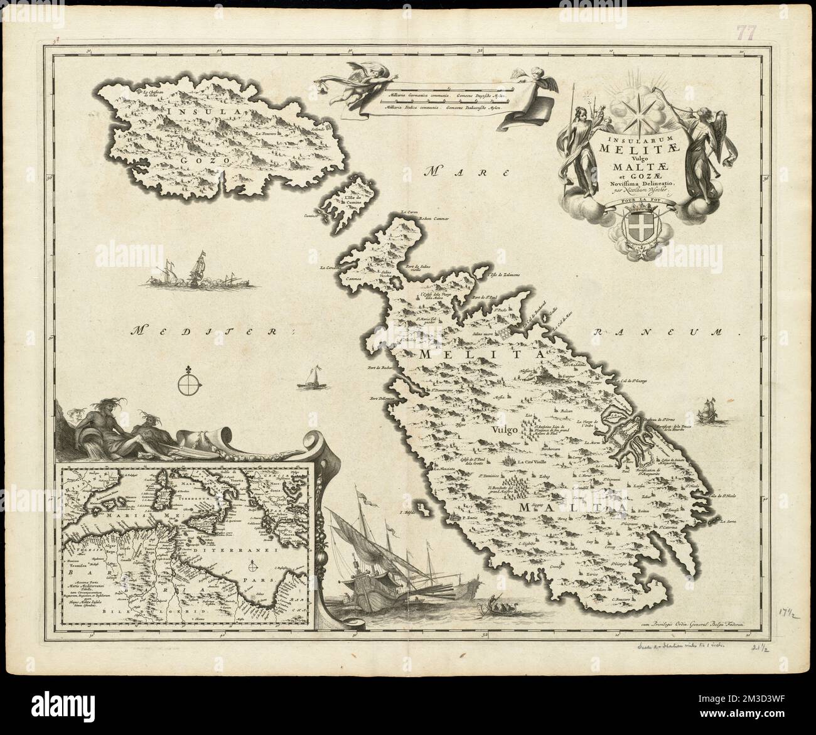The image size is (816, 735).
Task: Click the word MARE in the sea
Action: (x=446, y=171)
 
